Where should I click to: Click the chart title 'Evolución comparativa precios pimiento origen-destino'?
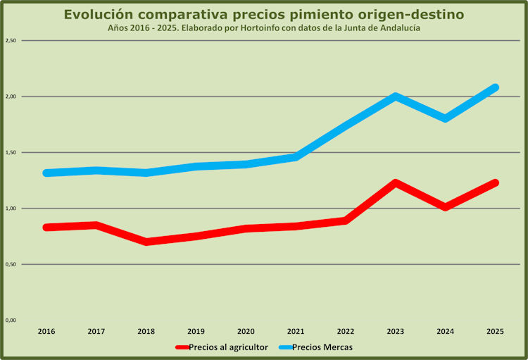pos(264,15)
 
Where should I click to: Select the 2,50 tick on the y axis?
pos(11,41)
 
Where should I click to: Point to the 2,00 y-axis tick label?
pos(11,97)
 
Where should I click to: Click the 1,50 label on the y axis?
pos(11,152)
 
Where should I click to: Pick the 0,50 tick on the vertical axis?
pos(11,264)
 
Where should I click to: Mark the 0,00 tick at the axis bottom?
pos(11,321)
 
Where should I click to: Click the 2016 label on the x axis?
pos(46,331)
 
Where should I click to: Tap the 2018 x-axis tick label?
pos(146,331)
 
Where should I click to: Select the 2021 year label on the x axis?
pos(296,331)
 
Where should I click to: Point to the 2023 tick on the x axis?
pos(396,331)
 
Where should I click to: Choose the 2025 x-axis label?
pos(496,331)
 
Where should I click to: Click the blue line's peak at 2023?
pos(396,97)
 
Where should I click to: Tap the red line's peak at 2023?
pos(396,183)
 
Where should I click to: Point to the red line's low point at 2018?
pos(146,242)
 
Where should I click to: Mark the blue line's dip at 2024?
pos(446,118)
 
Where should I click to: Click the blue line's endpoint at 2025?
pos(496,87)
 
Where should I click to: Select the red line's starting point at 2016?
pos(46,227)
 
